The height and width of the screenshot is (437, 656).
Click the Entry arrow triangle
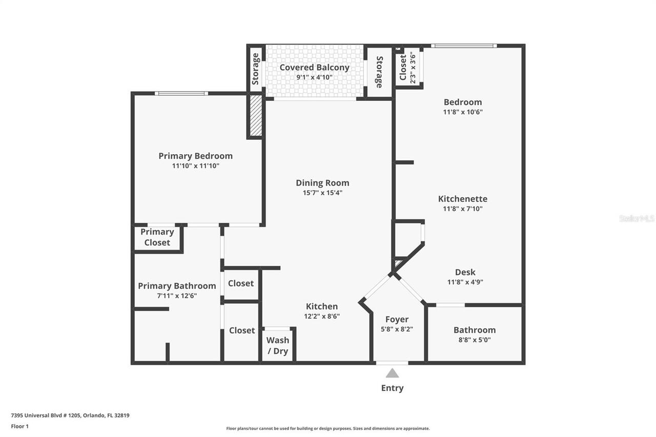coord(392,373)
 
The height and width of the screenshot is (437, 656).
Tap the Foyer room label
coord(397,319)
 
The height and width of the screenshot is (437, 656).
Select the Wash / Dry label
coord(278,346)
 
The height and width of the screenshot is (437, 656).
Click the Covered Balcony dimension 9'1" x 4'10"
coord(315,77)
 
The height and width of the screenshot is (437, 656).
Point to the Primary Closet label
coord(157,237)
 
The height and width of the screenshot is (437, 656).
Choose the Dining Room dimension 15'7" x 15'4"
coord(322,193)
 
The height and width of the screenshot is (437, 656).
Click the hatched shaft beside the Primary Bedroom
coord(256,115)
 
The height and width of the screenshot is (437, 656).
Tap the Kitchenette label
coord(463,199)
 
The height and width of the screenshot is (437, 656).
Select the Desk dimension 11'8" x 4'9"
coord(465,282)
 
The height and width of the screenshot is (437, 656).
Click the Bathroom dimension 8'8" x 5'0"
coord(475,340)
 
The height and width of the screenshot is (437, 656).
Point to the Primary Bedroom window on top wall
coord(181,93)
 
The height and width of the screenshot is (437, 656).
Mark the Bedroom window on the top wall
coord(464,46)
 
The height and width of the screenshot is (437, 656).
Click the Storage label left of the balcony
coord(255,69)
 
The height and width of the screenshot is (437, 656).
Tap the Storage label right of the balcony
coord(379,72)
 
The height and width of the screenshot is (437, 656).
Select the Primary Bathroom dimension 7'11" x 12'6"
coord(177,296)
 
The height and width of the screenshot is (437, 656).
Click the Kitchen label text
coord(322,306)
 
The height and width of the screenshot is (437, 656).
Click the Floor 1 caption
coord(20,426)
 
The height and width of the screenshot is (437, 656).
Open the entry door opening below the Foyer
coord(392,363)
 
